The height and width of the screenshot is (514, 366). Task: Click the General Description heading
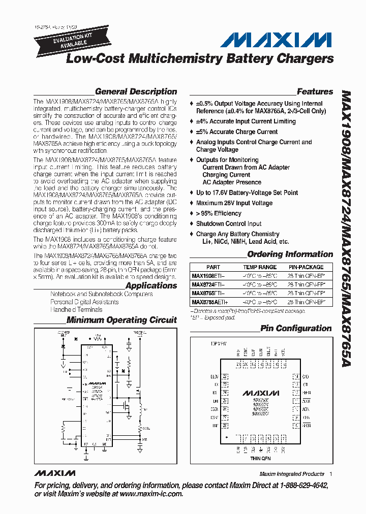[136, 92]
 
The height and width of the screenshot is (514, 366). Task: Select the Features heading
[315, 92]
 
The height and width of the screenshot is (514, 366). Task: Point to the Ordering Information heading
[290, 254]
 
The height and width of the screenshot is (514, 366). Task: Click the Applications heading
[151, 285]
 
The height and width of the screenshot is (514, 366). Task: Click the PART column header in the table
[213, 267]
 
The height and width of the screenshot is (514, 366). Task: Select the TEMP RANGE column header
[260, 267]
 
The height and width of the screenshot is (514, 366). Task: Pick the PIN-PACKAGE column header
[306, 267]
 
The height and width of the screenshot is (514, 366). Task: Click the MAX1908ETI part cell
[208, 276]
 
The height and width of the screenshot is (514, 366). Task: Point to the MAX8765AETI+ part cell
[210, 302]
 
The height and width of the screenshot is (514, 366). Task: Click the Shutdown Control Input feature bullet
[229, 223]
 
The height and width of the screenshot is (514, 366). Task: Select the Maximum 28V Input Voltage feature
[234, 203]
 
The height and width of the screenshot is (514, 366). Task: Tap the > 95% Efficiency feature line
[219, 213]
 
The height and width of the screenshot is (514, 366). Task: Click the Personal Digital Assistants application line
[84, 302]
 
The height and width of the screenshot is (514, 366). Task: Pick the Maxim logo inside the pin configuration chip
[260, 393]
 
